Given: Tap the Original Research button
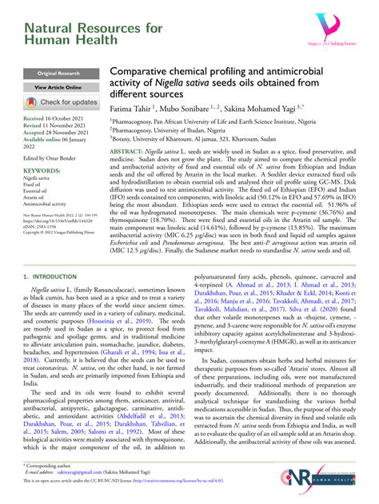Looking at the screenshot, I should coord(50,73).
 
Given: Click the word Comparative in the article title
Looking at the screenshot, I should coord(141,71).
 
